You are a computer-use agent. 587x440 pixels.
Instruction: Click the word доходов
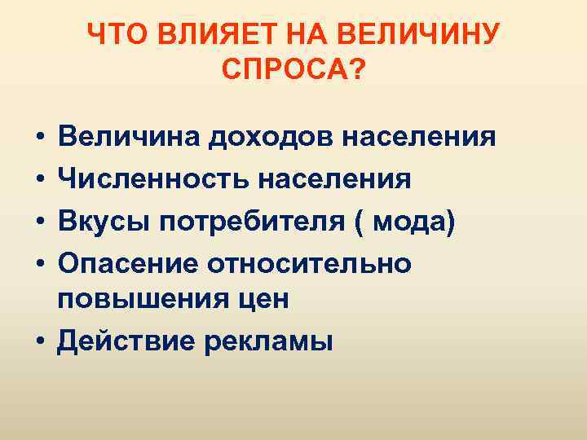click(254, 136)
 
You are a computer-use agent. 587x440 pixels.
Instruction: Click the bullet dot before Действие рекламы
click(39, 341)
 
